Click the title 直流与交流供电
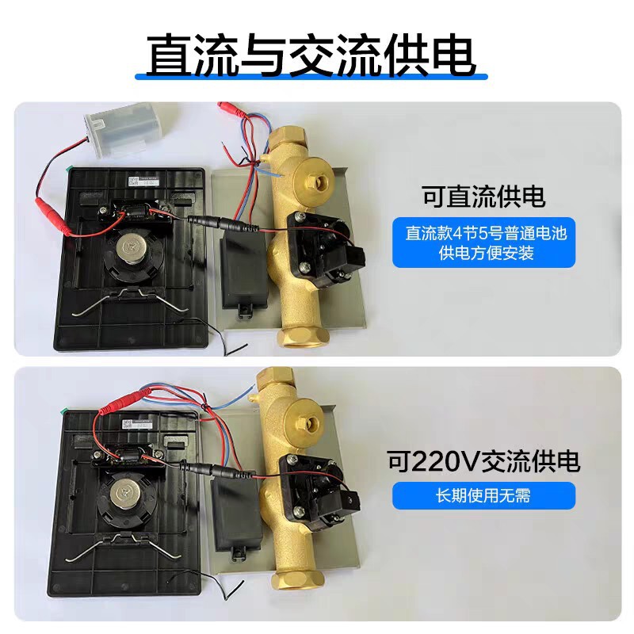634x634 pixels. coord(311,53)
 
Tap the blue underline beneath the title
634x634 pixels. coord(311,78)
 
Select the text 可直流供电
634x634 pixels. coord(484,197)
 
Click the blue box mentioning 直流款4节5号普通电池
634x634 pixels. coord(484,243)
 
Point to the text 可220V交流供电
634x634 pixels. coord(484,460)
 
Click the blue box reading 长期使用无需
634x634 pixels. coord(484,497)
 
